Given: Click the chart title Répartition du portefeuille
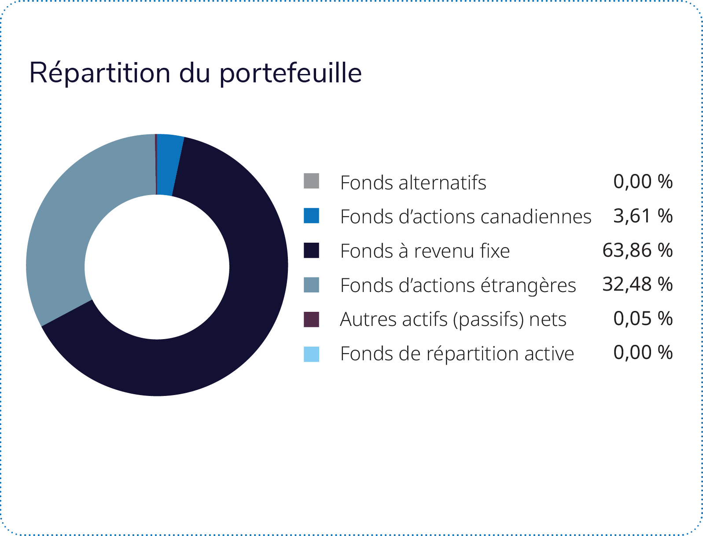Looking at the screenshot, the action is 195,74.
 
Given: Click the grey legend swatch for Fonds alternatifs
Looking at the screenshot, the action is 311,181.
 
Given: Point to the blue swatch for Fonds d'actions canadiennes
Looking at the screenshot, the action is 311,215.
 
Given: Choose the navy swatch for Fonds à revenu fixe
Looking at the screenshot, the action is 311,250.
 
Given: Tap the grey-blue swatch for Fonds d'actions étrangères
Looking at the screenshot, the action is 311,285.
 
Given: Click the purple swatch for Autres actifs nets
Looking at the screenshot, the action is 311,319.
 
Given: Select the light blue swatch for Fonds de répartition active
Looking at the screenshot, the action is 311,354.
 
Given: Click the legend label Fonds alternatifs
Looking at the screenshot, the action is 413,183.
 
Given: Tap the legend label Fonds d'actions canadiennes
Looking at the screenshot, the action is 466,217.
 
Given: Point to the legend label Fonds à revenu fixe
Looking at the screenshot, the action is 425,251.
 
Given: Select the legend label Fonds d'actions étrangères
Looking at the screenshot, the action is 458,286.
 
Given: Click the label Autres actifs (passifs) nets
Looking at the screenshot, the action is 453,320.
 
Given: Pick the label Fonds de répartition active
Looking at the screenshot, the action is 457,354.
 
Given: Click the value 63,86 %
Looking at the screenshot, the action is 637,250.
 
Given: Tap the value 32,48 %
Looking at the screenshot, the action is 637,284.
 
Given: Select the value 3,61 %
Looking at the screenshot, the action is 643,216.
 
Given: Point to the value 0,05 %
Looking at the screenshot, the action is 643,318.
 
